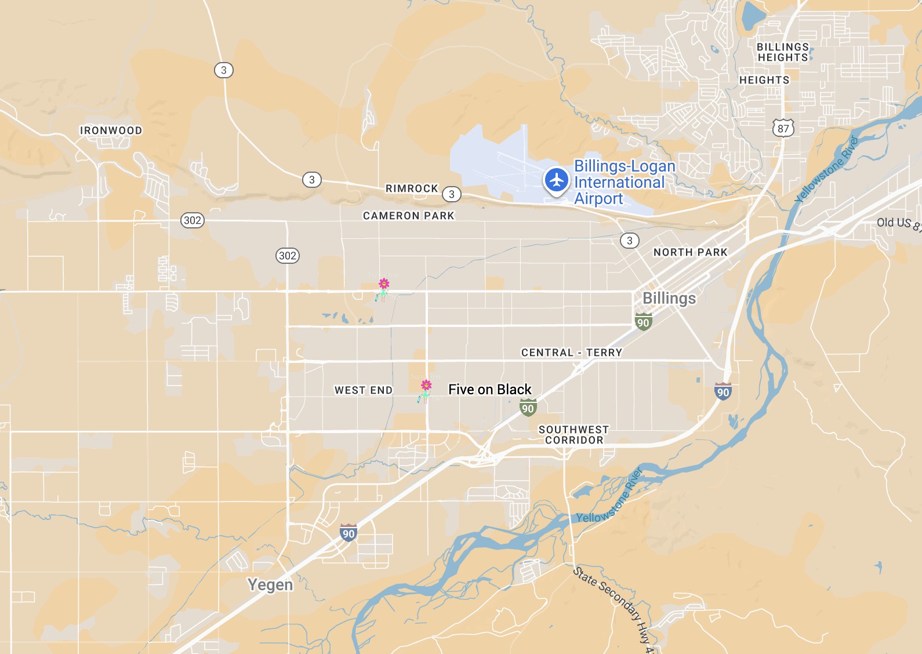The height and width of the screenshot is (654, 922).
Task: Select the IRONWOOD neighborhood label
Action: (x=111, y=130)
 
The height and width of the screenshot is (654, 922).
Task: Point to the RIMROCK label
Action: (x=412, y=188)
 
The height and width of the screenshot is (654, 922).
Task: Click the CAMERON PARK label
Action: (x=408, y=216)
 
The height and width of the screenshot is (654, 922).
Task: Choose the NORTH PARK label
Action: (x=690, y=252)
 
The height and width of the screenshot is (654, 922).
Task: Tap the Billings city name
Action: (x=669, y=298)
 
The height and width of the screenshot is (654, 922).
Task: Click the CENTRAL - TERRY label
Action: (x=571, y=353)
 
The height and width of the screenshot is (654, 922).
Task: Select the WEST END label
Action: (x=364, y=390)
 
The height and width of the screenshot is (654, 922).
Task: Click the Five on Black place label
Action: (x=490, y=390)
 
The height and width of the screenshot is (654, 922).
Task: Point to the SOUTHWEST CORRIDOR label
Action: (x=573, y=435)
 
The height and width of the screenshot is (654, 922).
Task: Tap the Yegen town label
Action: (x=270, y=584)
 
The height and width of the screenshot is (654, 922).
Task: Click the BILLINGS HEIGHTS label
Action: (x=783, y=52)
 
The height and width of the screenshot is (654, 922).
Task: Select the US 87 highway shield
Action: (x=783, y=128)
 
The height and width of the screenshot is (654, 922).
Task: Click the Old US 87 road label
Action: (x=898, y=223)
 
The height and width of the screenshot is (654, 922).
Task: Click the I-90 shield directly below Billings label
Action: (x=643, y=322)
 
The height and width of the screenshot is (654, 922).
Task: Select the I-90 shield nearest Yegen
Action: (x=348, y=533)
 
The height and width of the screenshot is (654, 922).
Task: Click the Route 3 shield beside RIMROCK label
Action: (x=452, y=194)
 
